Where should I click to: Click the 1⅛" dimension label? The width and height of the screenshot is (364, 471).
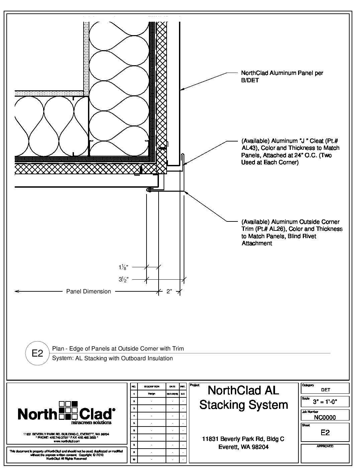123,267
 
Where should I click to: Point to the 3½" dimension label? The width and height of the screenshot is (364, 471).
123,279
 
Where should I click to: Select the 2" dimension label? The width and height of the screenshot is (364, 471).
169,291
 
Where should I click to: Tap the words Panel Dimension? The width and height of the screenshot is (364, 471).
88,291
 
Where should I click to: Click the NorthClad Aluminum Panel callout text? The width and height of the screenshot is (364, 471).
282,77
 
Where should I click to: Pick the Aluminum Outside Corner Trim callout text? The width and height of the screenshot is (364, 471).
292,232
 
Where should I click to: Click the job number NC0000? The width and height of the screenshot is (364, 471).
325,417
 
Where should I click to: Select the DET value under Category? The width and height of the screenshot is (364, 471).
325,390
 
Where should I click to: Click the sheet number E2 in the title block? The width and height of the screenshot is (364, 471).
325,433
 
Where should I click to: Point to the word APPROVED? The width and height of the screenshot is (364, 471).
325,446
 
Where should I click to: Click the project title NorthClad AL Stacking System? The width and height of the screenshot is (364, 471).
244,397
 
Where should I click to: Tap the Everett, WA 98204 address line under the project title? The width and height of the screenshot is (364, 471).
243,447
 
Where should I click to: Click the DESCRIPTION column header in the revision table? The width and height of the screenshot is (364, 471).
152,386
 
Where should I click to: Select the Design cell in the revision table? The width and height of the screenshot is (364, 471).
152,394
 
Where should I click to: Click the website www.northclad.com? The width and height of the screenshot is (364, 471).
66,441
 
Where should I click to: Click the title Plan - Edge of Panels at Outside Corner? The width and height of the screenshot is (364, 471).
118,349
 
